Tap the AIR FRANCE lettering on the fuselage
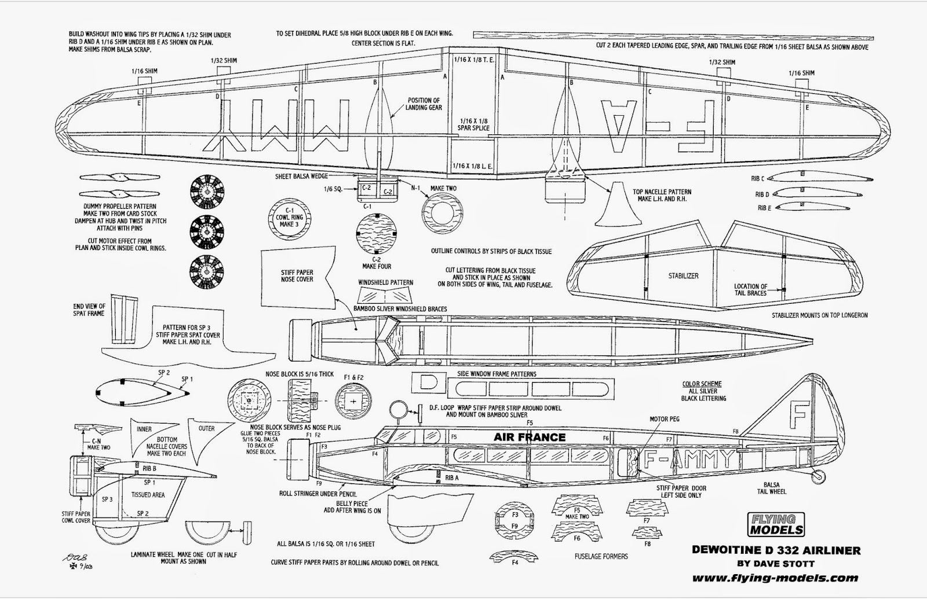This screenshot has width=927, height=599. (x=529, y=437)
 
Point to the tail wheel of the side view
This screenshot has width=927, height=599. (x=817, y=476)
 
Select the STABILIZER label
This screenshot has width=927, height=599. (x=683, y=276)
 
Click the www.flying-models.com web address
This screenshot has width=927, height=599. (x=775, y=577)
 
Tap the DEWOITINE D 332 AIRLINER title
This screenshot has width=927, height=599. (x=776, y=550)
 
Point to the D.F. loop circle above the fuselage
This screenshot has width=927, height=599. (x=397, y=409)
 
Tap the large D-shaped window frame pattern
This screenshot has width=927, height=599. (x=428, y=383)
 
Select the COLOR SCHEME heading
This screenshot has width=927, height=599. (x=702, y=384)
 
